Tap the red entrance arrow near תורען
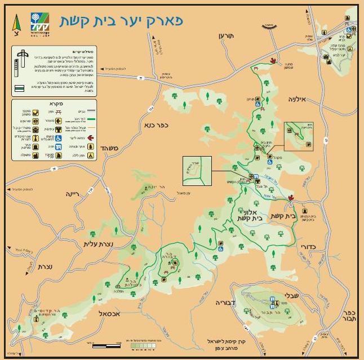point(274,61)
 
